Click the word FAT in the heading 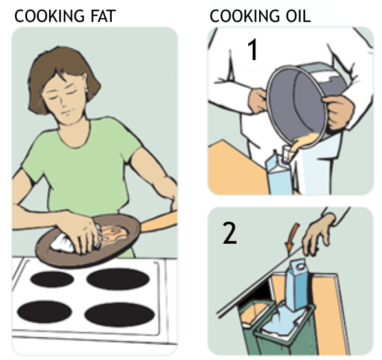tap(103, 16)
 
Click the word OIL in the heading tap(298, 16)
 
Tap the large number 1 tap(253, 50)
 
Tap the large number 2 tap(229, 233)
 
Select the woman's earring tap(87, 90)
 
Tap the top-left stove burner tap(52, 279)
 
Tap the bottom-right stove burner tap(120, 314)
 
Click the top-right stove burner tap(118, 279)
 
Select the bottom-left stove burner tap(45, 312)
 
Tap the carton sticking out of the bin tap(297, 285)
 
